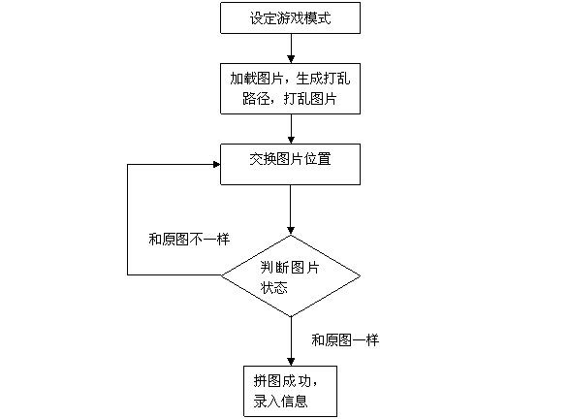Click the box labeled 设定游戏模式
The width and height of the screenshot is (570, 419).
click(290, 17)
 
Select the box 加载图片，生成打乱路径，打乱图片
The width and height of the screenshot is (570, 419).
click(290, 89)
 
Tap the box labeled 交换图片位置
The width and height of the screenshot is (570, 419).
click(290, 165)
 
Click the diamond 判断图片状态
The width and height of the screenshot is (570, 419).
click(291, 276)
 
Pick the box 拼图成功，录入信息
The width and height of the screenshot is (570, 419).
click(290, 392)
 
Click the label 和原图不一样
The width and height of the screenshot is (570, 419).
click(189, 240)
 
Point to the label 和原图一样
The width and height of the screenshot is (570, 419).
click(345, 340)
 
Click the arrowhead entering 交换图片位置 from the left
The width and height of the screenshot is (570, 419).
click(217, 165)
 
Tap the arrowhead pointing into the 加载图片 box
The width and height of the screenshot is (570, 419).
click(291, 59)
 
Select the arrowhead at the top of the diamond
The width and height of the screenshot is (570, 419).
click(291, 231)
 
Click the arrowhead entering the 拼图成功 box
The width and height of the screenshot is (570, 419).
click(291, 362)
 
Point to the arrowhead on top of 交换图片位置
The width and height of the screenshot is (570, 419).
click(291, 140)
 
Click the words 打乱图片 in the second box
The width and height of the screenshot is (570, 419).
click(310, 99)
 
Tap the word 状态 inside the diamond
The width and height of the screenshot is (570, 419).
click(274, 287)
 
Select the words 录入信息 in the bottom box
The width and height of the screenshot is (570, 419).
click(281, 402)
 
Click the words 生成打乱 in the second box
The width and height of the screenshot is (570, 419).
click(323, 79)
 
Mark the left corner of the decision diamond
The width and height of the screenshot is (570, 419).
click(221, 275)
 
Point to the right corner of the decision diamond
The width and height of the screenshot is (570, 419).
click(361, 276)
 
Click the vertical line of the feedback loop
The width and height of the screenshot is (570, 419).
click(127, 219)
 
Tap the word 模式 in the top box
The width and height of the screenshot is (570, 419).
click(318, 17)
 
